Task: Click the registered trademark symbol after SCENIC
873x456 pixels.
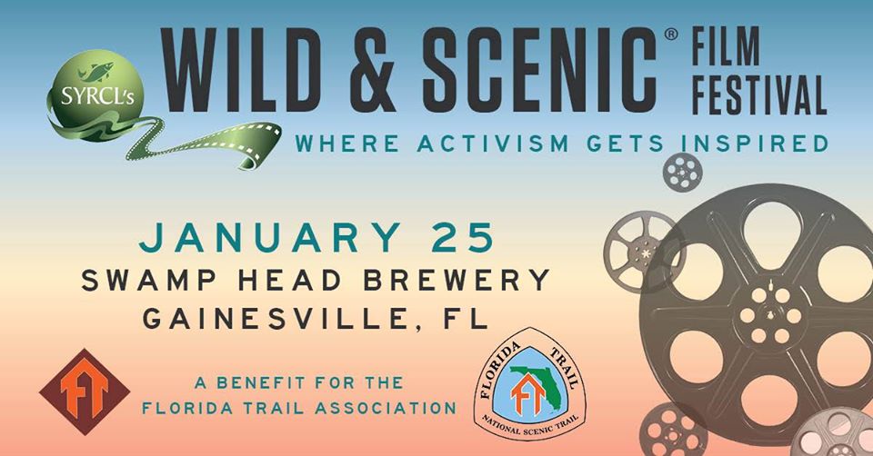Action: (671, 35)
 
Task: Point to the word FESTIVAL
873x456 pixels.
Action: (758, 95)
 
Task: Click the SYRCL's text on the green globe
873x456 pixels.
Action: (98, 97)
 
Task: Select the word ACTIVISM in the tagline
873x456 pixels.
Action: (493, 144)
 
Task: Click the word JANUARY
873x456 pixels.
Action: (269, 237)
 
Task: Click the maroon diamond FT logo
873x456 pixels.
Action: (85, 392)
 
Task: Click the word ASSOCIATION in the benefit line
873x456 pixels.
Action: (386, 408)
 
